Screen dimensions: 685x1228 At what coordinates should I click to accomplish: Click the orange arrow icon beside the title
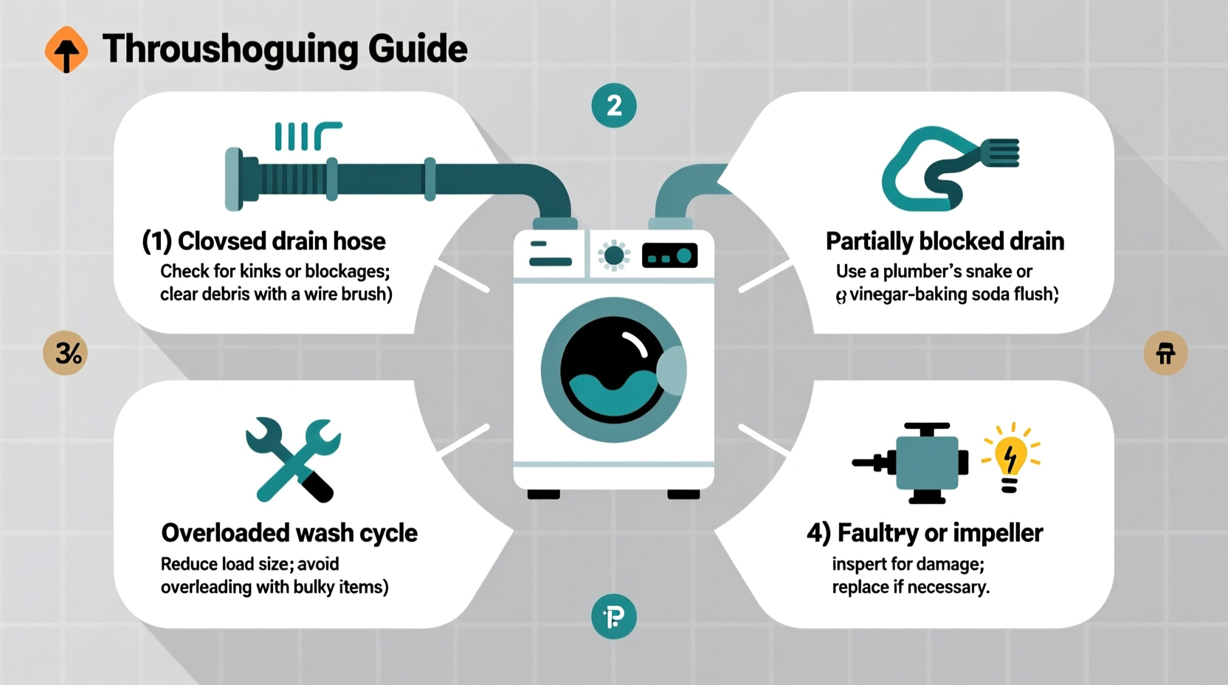66,50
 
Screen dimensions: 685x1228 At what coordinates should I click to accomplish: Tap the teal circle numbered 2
614,106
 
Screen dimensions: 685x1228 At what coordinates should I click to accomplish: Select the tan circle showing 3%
66,353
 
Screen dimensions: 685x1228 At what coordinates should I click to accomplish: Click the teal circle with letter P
614,616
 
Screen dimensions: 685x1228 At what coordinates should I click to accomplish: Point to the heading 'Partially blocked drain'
945,241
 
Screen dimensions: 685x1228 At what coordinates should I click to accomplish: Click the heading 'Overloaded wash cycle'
289,533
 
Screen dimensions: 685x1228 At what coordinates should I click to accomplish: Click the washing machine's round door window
613,370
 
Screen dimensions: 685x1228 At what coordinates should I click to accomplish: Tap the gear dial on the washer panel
614,256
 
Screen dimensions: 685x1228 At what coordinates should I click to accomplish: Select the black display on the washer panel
670,256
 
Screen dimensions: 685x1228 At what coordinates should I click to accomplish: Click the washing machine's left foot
544,494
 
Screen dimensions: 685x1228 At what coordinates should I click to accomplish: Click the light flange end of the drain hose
234,179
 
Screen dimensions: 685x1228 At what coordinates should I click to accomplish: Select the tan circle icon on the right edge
1165,353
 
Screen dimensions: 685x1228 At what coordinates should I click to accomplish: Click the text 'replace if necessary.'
911,588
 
